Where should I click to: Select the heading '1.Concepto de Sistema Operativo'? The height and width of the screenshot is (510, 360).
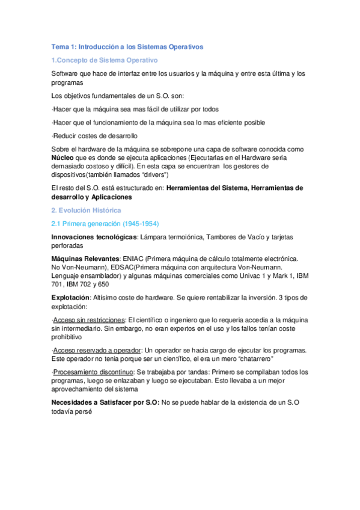tap(104, 60)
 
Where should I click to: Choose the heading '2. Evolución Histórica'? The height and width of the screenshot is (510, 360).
tap(87, 210)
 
